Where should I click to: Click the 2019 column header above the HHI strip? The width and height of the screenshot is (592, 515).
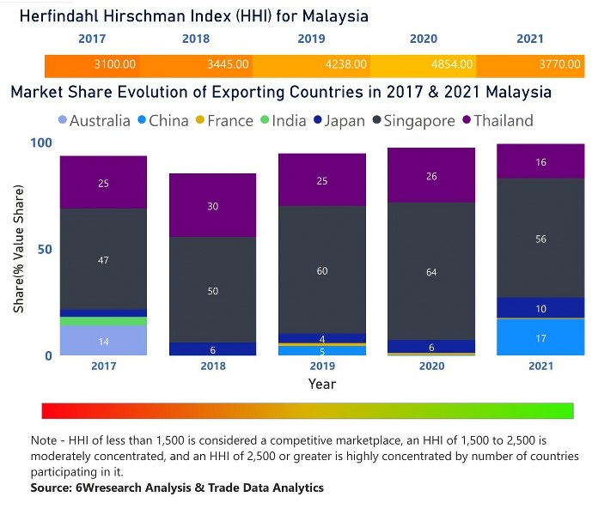point(311,39)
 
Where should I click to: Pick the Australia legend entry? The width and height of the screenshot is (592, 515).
point(94,121)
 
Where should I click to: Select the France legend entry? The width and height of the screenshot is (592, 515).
point(222,121)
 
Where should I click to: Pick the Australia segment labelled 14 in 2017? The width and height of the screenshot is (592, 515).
point(103,342)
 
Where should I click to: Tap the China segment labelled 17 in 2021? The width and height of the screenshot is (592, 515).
point(541,337)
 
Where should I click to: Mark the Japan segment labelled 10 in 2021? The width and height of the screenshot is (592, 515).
point(541,308)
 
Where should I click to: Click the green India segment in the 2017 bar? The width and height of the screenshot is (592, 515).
point(103,322)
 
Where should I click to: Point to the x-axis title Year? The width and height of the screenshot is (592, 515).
point(322,384)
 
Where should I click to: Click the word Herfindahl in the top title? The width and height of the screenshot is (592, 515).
point(60,15)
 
